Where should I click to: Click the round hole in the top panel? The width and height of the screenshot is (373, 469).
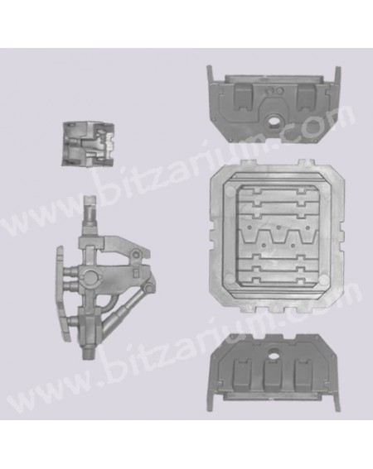click(274, 121)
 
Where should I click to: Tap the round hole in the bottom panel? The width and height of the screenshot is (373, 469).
click(274, 353)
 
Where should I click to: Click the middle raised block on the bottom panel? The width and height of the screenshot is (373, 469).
click(274, 373)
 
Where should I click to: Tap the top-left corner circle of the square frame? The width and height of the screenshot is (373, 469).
click(230, 190)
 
